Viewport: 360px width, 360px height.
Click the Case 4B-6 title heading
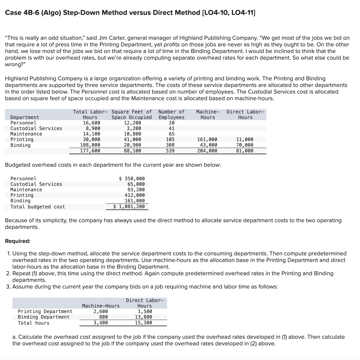point(130,13)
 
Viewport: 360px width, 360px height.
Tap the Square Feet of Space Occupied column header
point(132,115)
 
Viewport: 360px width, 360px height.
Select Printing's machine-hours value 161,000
point(207,140)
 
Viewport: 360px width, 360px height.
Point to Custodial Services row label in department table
point(36,128)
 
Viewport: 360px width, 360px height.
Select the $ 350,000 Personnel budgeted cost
point(132,179)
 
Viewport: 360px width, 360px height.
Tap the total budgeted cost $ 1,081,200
point(129,207)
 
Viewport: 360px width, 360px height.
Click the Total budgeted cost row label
point(38,207)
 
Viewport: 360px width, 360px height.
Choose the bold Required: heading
point(18,241)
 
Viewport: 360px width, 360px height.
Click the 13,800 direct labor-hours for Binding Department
point(143,317)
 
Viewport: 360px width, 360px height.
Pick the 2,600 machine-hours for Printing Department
point(101,312)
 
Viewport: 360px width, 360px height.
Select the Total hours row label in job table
point(33,323)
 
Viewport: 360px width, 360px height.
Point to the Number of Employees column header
point(171,115)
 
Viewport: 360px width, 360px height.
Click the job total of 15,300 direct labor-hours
point(143,323)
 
